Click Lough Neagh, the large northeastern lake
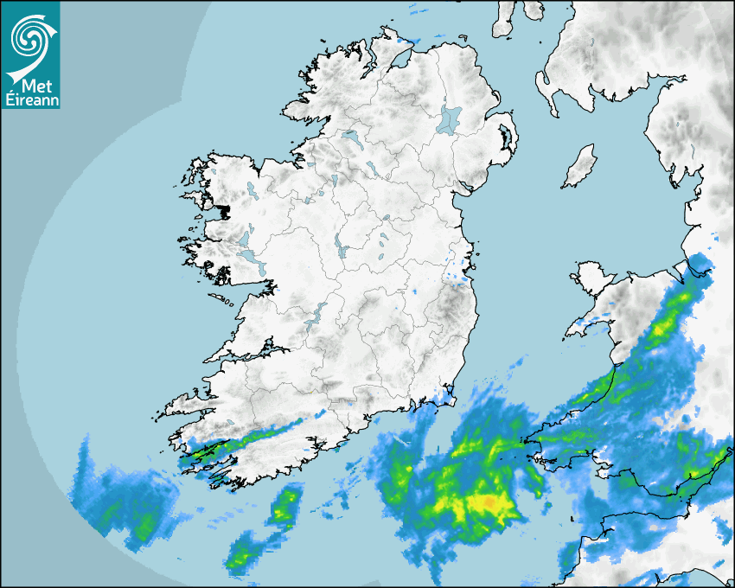[x=450, y=118]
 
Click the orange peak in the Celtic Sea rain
[x=489, y=501]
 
